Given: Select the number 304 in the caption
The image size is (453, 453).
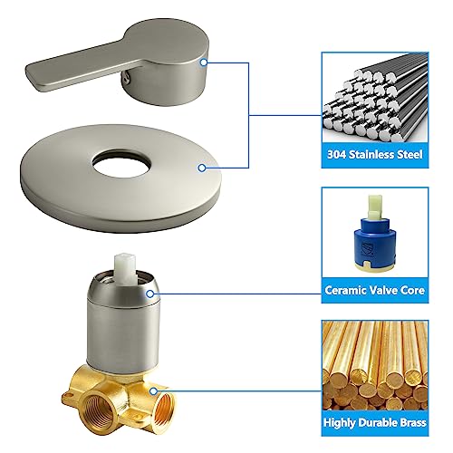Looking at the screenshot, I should [x=336, y=152].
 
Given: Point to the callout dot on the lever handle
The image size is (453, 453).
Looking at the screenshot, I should [x=206, y=63].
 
